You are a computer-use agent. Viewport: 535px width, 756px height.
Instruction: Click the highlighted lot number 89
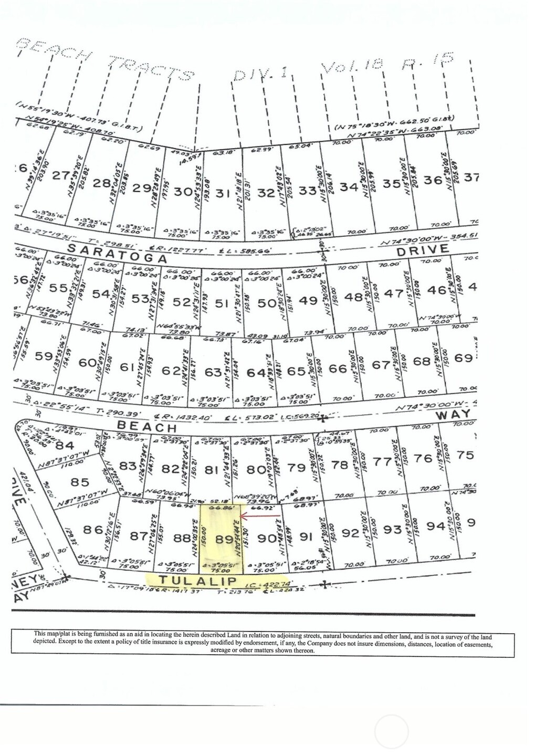[x=224, y=539]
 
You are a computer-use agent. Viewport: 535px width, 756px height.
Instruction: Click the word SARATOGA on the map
[x=124, y=254]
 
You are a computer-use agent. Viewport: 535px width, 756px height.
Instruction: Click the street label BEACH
[x=146, y=426]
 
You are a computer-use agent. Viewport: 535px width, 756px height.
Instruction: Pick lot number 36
[x=433, y=180]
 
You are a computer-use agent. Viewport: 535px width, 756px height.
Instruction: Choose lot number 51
[x=222, y=303]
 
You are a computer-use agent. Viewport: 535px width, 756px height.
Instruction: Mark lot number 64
[x=256, y=372]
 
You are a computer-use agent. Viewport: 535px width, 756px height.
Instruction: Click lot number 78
[x=340, y=465]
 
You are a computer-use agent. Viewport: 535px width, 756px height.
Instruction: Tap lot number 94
[x=436, y=526]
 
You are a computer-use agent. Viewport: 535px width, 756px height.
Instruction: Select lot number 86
[x=92, y=529]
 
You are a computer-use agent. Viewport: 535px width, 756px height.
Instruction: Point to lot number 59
[x=44, y=356]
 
